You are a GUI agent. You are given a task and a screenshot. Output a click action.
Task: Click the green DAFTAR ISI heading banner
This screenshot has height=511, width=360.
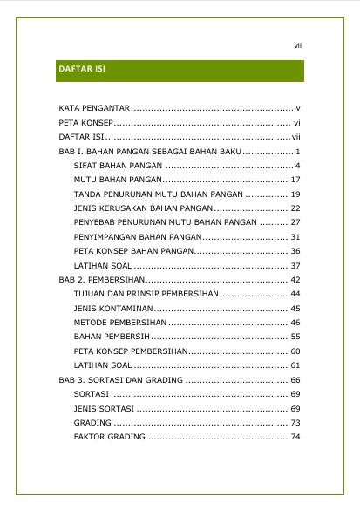point(180,71)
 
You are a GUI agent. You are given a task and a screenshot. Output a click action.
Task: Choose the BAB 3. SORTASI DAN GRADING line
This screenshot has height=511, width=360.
point(120,380)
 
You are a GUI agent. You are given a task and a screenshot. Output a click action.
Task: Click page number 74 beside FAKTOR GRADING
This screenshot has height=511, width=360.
point(295,437)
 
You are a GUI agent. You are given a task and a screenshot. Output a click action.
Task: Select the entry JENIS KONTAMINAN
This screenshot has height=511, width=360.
point(114,309)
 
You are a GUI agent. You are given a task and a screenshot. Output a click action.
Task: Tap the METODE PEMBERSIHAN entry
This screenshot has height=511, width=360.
point(118,323)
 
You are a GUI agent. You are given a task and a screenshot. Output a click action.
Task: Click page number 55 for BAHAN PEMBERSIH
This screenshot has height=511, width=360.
point(295,337)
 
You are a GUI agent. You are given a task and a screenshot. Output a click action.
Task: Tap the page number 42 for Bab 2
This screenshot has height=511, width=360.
point(295,280)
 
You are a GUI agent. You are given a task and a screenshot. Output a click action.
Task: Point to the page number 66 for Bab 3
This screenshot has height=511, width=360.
point(295,380)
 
